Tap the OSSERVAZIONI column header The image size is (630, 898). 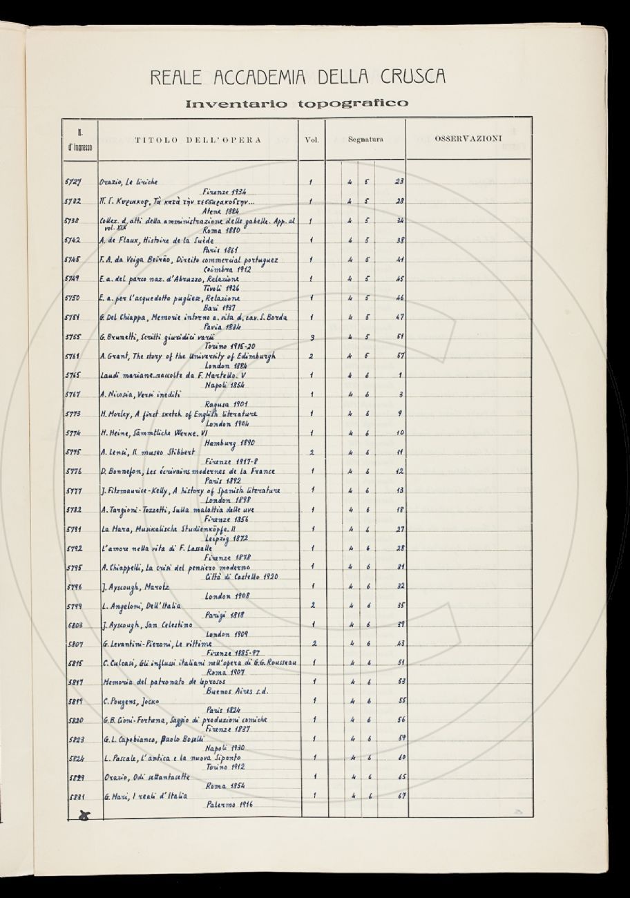[468, 139]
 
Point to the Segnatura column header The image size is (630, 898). [365, 140]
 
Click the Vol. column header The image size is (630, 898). [311, 140]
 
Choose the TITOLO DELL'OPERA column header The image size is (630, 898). [198, 140]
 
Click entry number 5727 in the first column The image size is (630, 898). [73, 182]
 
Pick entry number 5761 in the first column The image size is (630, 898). [73, 356]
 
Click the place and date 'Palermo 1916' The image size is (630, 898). [231, 805]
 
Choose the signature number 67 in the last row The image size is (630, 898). [399, 796]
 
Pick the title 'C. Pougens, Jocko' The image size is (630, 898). [131, 702]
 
